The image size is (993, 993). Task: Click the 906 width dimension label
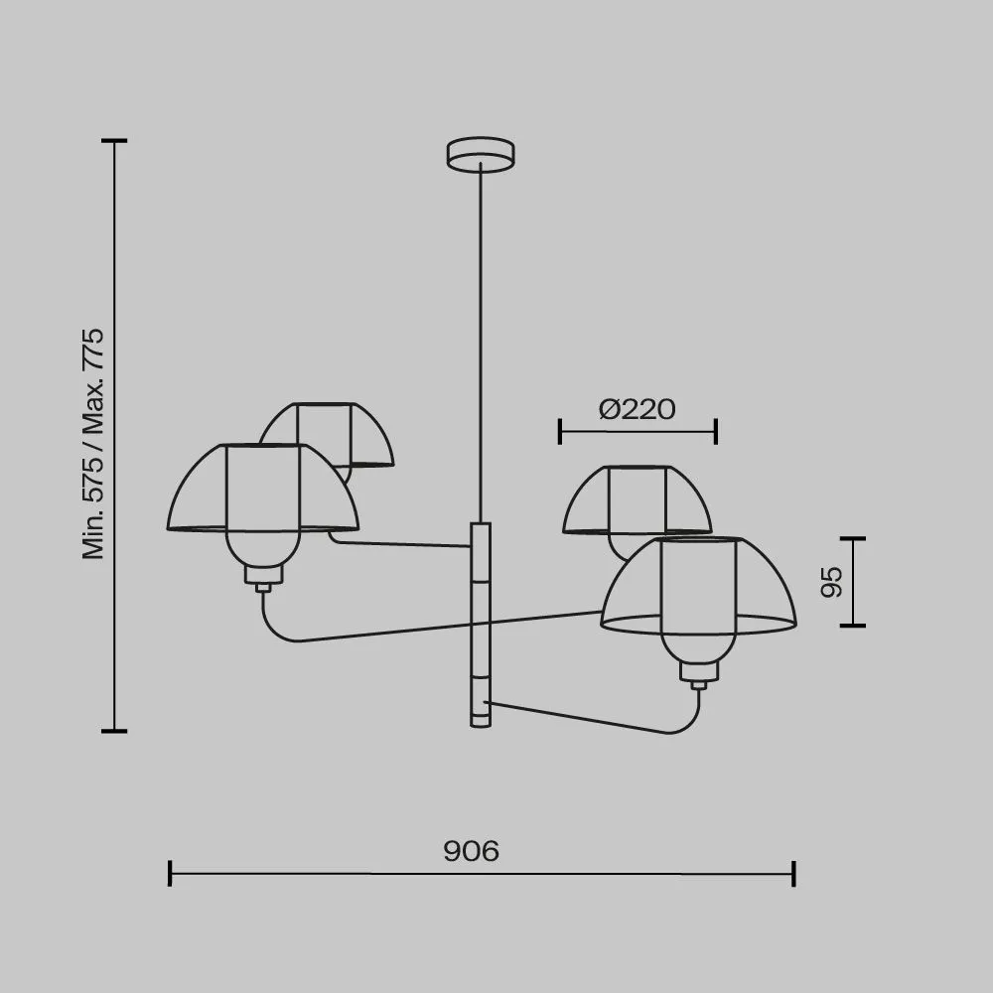[x=471, y=851]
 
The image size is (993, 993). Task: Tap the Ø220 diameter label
[x=638, y=409]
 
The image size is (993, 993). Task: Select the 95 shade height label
[x=831, y=582]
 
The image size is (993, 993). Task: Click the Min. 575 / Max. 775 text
[x=93, y=443]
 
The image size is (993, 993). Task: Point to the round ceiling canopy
[x=480, y=155]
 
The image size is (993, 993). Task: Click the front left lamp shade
[x=263, y=488]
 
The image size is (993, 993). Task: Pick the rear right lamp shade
[x=638, y=500]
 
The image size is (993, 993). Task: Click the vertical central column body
[x=481, y=625]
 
